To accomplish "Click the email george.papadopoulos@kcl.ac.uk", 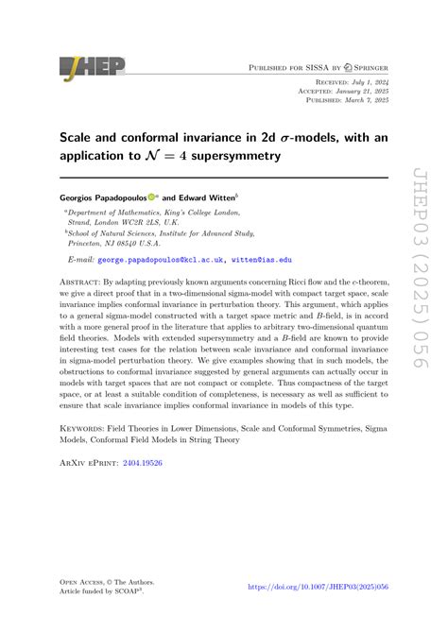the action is pyautogui.click(x=172, y=257).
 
